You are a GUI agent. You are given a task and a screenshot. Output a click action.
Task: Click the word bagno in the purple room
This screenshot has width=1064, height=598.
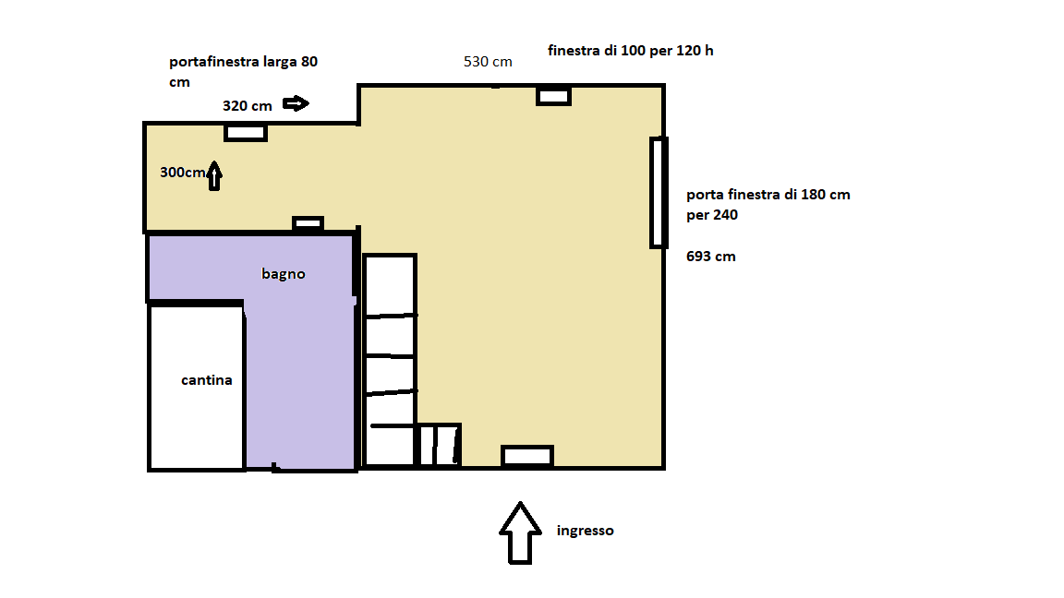tap(283, 274)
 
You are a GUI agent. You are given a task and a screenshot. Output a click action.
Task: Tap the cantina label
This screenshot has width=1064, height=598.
tap(206, 380)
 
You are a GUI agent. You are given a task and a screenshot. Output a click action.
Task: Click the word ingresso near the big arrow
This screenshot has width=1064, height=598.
tap(585, 531)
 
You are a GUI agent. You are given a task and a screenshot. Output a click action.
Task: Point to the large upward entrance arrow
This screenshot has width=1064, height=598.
tap(521, 532)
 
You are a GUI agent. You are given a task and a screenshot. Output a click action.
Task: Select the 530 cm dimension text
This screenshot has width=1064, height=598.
tap(488, 62)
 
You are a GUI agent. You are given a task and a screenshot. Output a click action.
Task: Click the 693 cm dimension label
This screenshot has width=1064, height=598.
tap(710, 257)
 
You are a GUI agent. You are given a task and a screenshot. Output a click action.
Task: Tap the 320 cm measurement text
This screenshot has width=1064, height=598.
tap(247, 106)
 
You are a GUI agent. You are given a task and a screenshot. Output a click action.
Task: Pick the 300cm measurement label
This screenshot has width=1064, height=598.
tap(183, 173)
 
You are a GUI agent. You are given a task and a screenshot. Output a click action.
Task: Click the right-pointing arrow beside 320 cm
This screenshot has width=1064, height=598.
tap(296, 103)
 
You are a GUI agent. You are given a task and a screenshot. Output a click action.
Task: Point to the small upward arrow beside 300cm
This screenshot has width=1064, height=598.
tap(214, 175)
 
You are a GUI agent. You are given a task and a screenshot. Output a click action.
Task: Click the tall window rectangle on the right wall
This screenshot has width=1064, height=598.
tap(659, 193)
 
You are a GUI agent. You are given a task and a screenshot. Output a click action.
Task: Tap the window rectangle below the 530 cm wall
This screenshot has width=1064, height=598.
tap(554, 96)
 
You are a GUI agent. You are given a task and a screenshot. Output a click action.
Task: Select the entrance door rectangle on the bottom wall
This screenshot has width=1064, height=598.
tap(527, 456)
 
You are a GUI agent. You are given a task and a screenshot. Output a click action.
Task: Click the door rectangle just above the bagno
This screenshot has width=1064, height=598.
tap(308, 223)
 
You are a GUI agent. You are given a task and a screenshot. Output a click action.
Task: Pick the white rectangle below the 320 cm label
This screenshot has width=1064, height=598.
tap(246, 133)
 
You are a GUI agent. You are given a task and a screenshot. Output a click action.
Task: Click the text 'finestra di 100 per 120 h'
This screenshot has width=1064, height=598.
tap(631, 51)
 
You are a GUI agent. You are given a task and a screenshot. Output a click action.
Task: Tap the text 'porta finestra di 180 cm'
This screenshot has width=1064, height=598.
tap(768, 195)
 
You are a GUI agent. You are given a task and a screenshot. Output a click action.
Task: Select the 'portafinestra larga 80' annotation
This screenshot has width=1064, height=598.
tap(243, 62)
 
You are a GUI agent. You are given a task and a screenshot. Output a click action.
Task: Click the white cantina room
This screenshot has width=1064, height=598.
tap(197, 388)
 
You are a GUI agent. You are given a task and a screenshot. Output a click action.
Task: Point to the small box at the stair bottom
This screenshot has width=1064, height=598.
tap(439, 445)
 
